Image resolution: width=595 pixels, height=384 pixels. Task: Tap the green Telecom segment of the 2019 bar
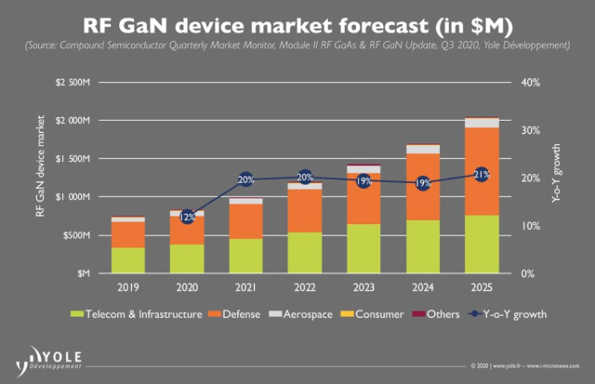point(128,260)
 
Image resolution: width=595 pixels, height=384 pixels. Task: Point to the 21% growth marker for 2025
point(481,174)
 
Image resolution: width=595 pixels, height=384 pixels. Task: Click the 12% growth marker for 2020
point(187,216)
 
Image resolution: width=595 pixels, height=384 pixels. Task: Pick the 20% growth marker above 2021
point(245,179)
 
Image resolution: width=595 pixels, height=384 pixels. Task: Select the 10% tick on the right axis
point(529,227)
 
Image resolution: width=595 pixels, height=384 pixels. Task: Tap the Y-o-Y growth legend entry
point(505,314)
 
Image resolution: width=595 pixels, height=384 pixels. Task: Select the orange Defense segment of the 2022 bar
point(305,210)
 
